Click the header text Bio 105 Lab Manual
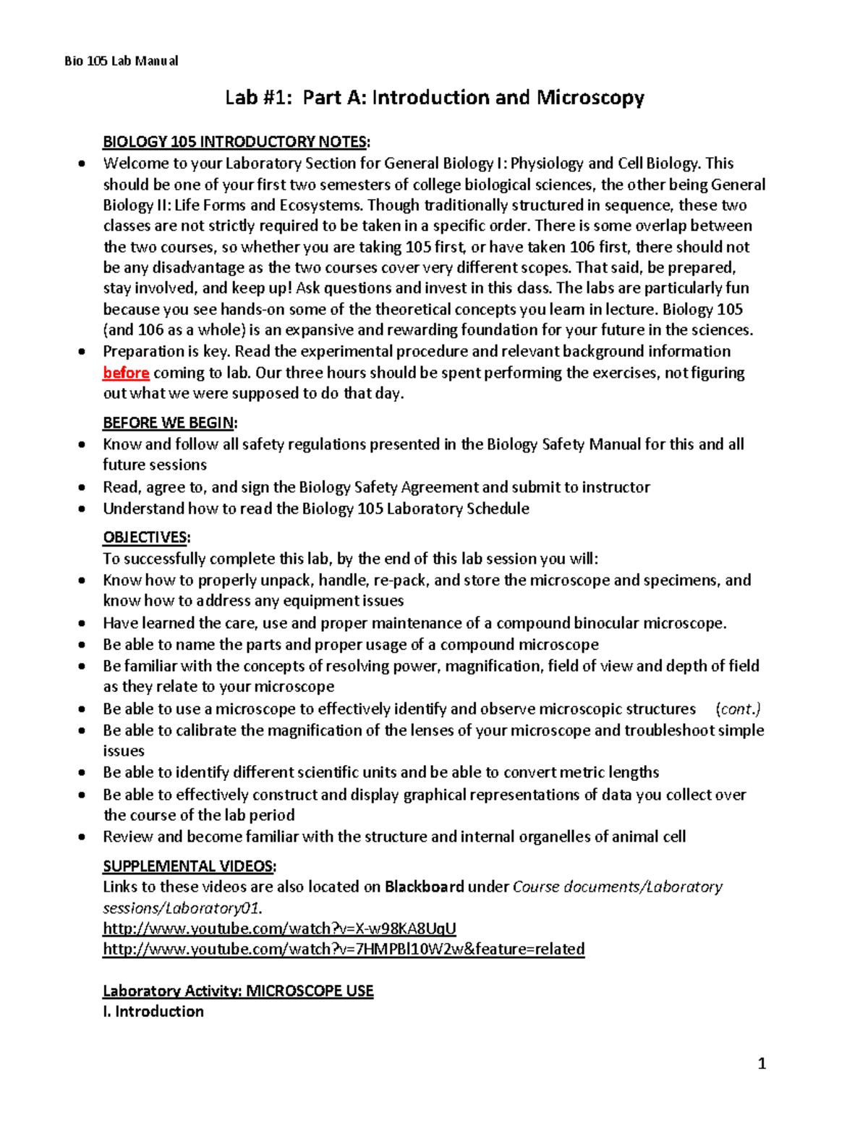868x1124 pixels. (x=121, y=61)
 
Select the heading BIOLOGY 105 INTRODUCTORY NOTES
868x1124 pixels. (x=236, y=142)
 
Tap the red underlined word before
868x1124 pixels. (x=126, y=373)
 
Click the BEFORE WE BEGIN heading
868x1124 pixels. (x=170, y=423)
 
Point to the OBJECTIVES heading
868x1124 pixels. (x=146, y=537)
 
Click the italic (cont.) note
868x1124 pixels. (x=738, y=709)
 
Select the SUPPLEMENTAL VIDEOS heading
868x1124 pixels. (x=190, y=866)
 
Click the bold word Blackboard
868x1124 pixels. (x=424, y=887)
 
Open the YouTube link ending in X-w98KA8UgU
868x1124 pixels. (x=279, y=929)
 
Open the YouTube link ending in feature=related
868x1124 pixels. (x=344, y=949)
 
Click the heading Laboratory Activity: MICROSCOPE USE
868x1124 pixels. (x=238, y=991)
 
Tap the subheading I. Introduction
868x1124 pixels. (x=153, y=1012)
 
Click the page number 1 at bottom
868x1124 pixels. (x=761, y=1063)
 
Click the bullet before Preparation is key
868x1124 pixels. (x=83, y=352)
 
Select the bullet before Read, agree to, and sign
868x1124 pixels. (x=83, y=488)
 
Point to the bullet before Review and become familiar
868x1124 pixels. (x=83, y=837)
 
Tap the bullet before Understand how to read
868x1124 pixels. (x=83, y=509)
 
